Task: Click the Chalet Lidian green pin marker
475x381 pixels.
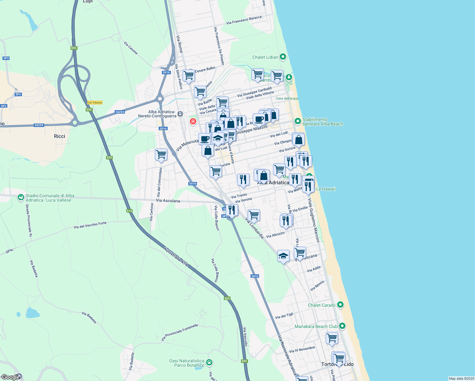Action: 283,57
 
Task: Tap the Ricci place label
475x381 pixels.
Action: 59,136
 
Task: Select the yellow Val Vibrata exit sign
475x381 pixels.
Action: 95,103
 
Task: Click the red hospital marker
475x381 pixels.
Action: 193,121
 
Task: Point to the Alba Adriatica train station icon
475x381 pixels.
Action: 180,114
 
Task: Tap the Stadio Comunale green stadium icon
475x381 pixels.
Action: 21,198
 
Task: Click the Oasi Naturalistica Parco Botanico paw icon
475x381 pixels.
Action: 209,362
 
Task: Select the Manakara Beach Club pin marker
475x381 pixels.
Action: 342,326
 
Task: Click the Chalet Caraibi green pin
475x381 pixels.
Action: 340,305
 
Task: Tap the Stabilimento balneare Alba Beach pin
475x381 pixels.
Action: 298,121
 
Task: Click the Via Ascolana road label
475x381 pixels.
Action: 168,201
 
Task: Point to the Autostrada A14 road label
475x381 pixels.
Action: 176,257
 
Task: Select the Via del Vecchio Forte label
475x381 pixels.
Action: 90,225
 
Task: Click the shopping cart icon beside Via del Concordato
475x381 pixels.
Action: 161,155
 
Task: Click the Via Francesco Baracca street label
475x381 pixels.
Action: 244,20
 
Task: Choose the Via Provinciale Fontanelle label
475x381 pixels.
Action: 179,332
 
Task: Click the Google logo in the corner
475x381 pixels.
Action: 10,377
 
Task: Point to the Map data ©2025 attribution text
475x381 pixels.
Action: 461,378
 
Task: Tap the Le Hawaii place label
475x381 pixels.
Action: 326,189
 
